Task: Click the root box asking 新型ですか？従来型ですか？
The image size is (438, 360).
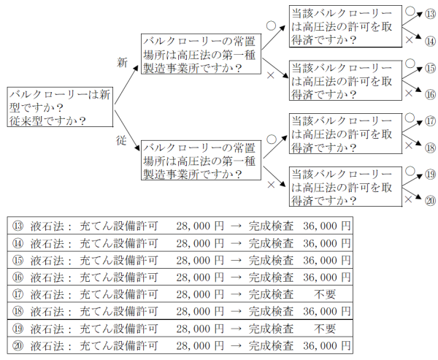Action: (x=61, y=107)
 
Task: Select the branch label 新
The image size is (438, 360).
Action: (x=123, y=63)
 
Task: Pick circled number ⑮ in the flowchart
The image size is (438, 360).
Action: (x=431, y=68)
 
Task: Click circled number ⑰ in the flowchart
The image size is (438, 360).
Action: (x=431, y=121)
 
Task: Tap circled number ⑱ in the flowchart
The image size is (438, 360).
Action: (x=431, y=147)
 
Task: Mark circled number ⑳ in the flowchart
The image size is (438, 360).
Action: (x=431, y=200)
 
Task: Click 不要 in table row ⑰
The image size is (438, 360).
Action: (x=325, y=294)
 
